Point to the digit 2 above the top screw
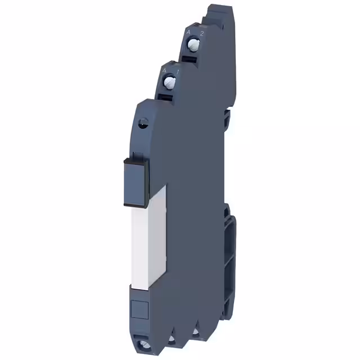point(201,33)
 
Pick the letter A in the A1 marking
point(164,71)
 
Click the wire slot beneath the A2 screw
point(191,56)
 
